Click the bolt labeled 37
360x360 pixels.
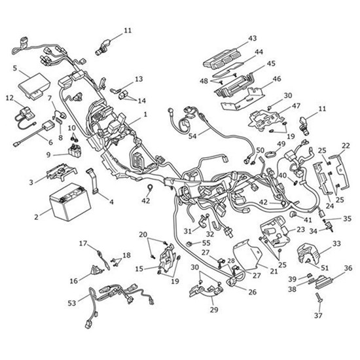(x=319, y=298)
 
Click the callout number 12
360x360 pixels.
(x=9, y=98)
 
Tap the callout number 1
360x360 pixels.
(x=145, y=114)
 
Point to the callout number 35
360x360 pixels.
(x=348, y=219)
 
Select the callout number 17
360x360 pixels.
(x=83, y=244)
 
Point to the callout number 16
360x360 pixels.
(x=74, y=281)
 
